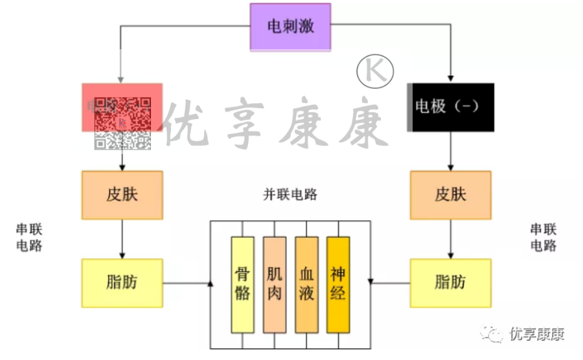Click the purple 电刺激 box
coord(290,27)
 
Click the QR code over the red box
coord(122,123)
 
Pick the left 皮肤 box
coord(122,195)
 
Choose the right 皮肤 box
coord(450,195)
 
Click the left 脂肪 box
coord(122,283)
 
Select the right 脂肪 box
coord(450,283)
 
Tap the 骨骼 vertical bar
coord(242,285)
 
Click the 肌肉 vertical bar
coord(274,285)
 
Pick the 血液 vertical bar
coord(306,285)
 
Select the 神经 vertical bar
coord(337,285)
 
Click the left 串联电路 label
coord(29,237)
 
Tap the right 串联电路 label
coord(543,237)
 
